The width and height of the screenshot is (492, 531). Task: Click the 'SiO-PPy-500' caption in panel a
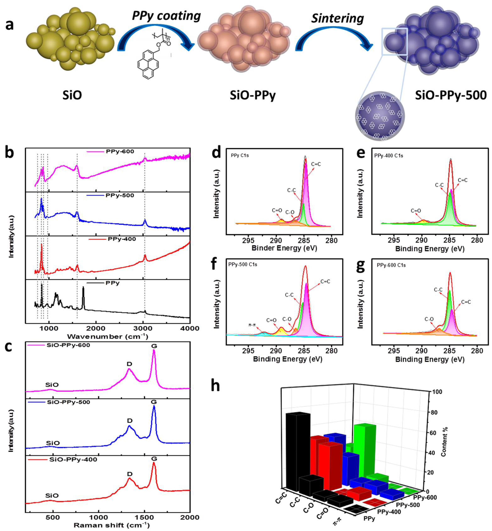pos(451,95)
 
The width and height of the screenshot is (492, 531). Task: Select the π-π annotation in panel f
pos(252,325)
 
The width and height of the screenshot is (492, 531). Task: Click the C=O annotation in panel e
pos(416,211)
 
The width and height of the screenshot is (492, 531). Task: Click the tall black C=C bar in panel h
pos(297,452)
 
